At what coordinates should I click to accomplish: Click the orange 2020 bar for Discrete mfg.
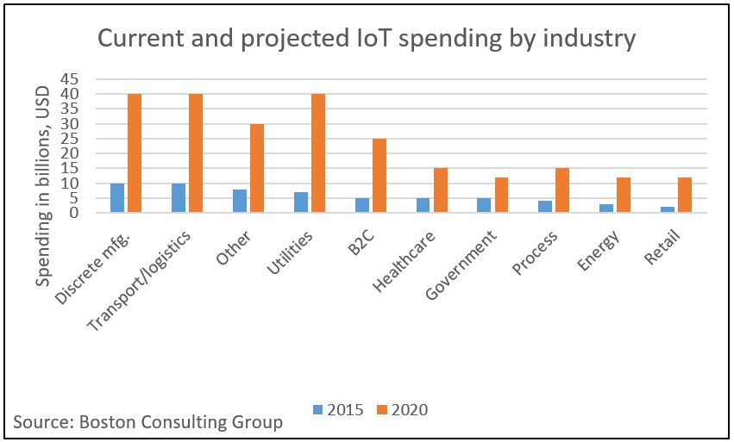(135, 153)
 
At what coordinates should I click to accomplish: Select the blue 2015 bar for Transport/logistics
(179, 198)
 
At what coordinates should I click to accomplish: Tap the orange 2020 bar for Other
(257, 168)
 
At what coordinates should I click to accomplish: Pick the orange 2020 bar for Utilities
(318, 153)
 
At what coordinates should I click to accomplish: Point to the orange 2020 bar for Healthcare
(440, 190)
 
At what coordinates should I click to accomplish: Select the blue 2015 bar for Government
(484, 205)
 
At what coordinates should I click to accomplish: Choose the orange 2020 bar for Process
(562, 190)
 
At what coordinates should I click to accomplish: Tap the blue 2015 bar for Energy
(606, 209)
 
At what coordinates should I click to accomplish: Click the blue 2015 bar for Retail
(668, 209)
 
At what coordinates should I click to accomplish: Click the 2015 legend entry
(339, 409)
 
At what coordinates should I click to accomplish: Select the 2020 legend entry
(403, 409)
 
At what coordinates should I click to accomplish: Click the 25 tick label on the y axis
(83, 139)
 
